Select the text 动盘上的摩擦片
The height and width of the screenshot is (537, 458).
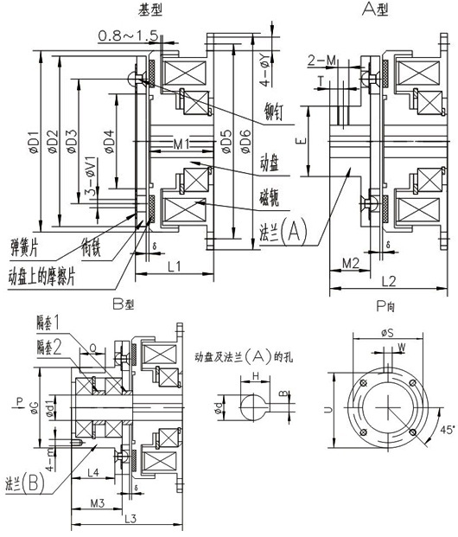tap(48, 278)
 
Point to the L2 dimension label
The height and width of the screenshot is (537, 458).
tap(386, 280)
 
